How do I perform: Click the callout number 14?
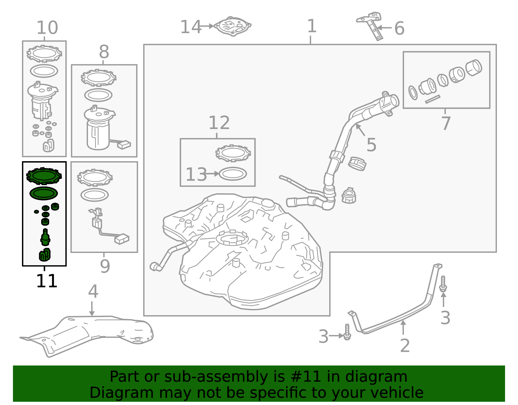(x=190, y=27)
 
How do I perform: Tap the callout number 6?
(x=399, y=29)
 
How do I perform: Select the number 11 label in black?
(x=47, y=281)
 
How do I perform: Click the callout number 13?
(x=196, y=175)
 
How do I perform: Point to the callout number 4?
(x=93, y=292)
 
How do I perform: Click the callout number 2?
(x=405, y=346)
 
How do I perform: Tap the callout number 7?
(x=446, y=123)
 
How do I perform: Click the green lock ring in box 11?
(x=44, y=176)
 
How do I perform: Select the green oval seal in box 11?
(x=44, y=194)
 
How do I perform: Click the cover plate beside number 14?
(x=233, y=26)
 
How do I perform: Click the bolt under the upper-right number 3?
(x=443, y=284)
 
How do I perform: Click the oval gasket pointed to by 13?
(x=233, y=174)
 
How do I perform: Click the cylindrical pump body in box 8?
(x=98, y=135)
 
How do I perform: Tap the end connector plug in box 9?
(x=122, y=239)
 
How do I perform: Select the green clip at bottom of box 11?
(x=45, y=255)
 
